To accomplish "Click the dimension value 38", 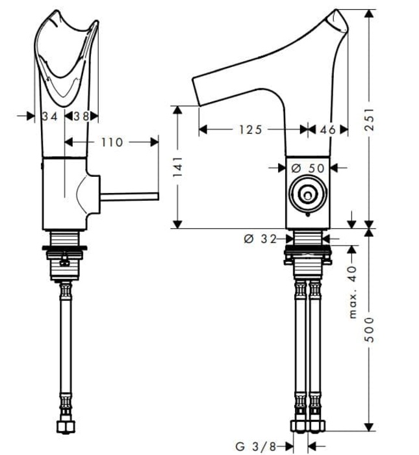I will tap(81, 116).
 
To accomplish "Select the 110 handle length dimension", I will tap(112, 142).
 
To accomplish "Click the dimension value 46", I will tap(328, 130).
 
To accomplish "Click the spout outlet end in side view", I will tap(198, 91).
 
